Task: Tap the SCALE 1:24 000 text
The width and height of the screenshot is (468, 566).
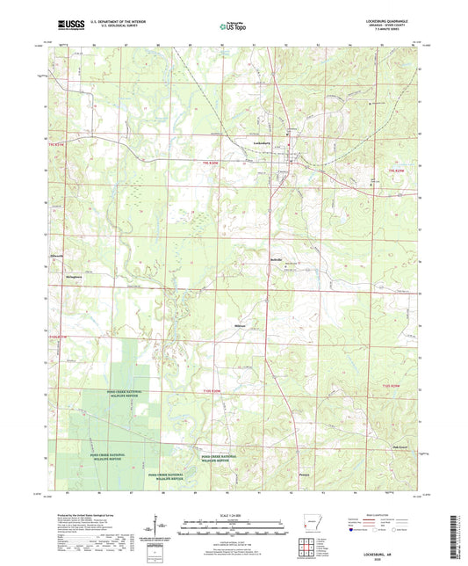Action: [234, 514]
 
